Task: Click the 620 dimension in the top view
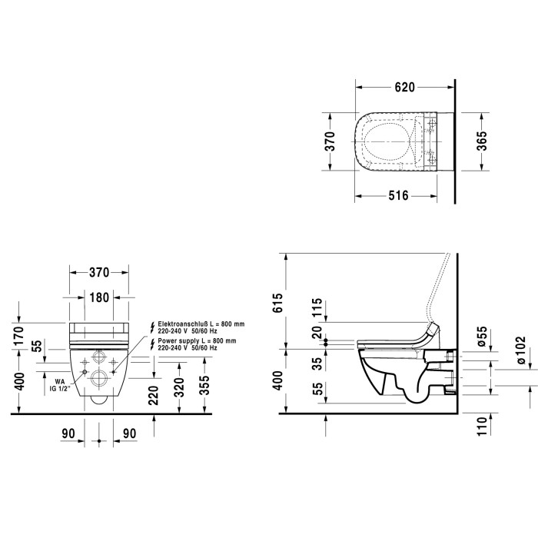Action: [404, 88]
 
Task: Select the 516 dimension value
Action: [398, 196]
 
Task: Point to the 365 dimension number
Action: [482, 141]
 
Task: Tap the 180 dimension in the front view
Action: [99, 297]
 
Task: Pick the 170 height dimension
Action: [18, 336]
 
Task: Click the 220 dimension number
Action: [154, 395]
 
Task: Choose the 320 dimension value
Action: [179, 387]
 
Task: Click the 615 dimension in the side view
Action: [277, 303]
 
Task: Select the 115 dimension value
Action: [317, 307]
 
